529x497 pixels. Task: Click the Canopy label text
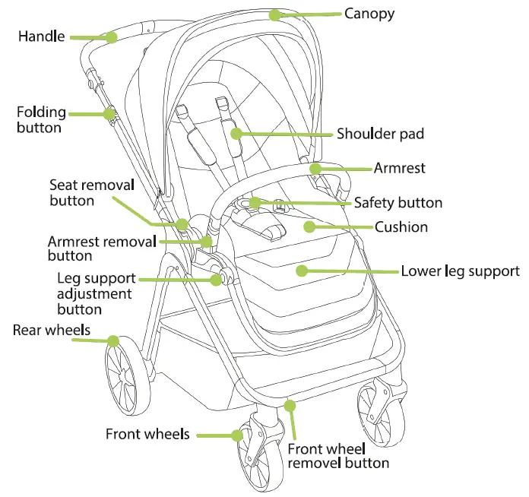pos(369,14)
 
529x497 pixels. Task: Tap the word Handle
pos(42,36)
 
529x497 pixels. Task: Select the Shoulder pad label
pos(380,135)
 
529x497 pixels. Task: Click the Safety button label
pos(398,203)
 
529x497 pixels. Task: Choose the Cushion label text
pos(401,226)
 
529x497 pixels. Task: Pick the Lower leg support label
pos(460,271)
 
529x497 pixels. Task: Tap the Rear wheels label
pos(51,330)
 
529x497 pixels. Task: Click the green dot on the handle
pos(112,36)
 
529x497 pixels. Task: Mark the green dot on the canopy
pos(274,14)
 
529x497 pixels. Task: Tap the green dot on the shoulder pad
pos(236,134)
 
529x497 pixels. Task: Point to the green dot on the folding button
pos(110,114)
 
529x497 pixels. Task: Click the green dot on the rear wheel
pos(112,340)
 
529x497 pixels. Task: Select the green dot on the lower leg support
pos(302,270)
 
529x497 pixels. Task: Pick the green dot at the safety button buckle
pos(255,203)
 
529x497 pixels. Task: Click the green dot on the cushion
pos(308,226)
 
